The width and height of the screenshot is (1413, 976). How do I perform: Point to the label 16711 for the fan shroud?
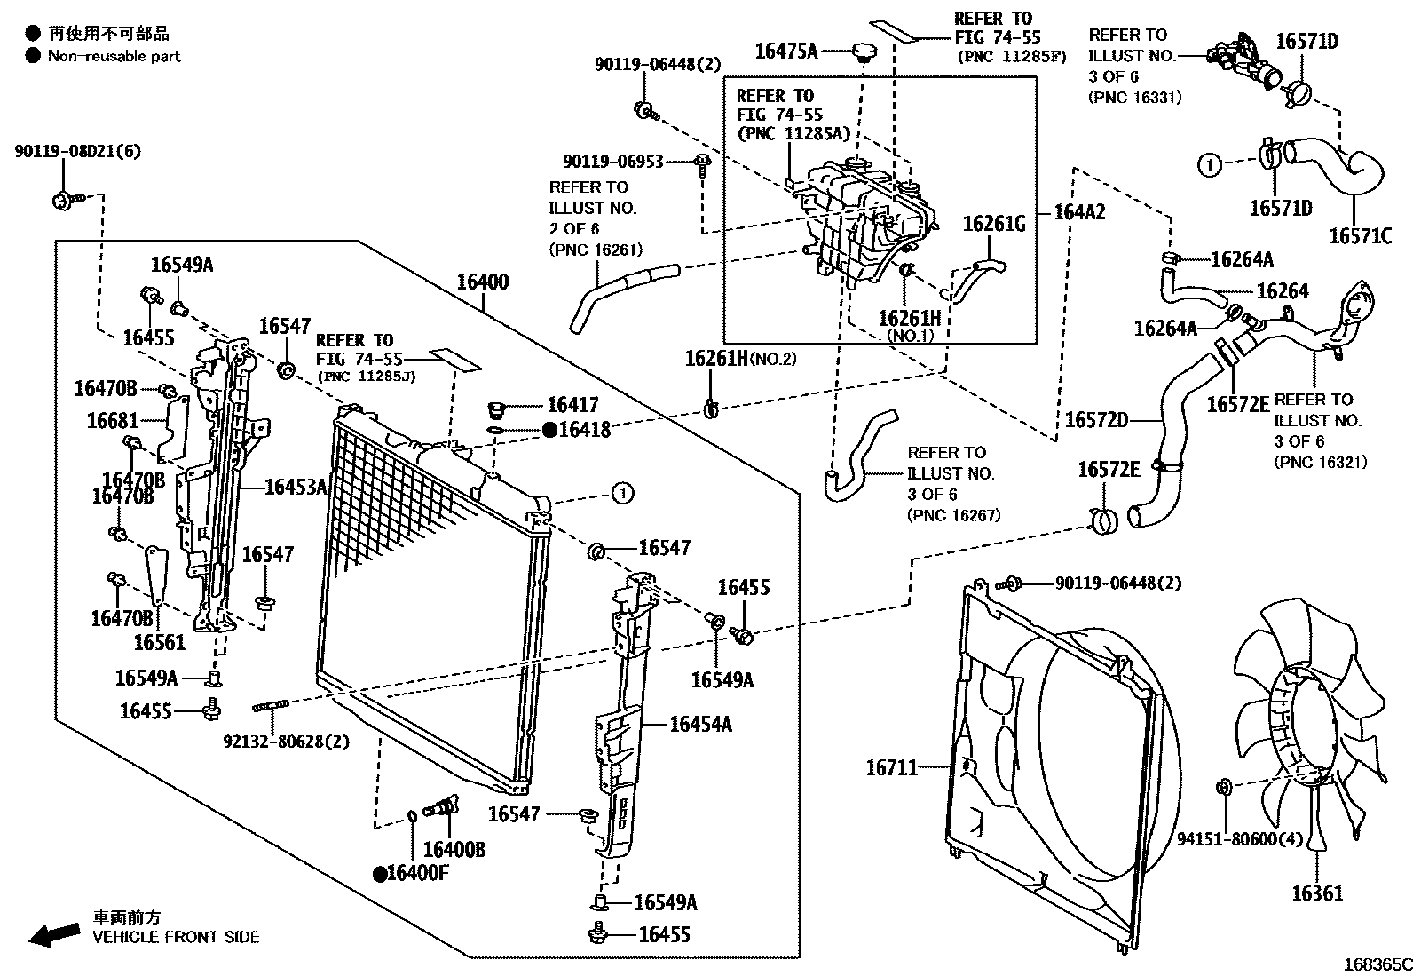point(891,766)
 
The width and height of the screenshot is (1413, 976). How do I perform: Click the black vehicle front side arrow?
point(53,933)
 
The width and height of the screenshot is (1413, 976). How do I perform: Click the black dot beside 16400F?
point(380,874)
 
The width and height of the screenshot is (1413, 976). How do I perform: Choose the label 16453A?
point(296,487)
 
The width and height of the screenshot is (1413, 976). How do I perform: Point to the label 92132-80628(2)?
point(286,740)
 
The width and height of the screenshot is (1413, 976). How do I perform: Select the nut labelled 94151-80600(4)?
point(1223,785)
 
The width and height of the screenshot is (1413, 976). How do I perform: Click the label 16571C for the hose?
point(1360,235)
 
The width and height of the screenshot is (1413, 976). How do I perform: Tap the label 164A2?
point(1079,212)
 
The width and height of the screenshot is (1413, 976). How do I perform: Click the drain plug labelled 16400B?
point(441,807)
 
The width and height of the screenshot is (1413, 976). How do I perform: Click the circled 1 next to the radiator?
point(622,492)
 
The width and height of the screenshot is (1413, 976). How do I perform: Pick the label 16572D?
point(1095,419)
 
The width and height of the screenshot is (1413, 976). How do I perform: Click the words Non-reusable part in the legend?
point(114,56)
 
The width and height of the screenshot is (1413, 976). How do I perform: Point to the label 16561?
point(160,642)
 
